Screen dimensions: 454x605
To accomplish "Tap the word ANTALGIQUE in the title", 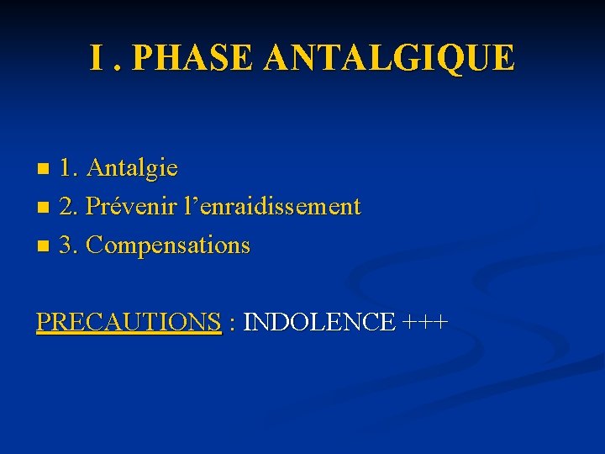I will (x=388, y=57).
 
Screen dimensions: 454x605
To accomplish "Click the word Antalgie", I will (x=132, y=168).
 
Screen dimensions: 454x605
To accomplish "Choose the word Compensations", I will (x=168, y=245).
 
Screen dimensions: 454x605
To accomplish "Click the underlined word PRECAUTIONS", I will (x=128, y=322).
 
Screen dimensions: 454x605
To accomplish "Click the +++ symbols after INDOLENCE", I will (x=425, y=322).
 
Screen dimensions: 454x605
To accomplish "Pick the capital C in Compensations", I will (x=95, y=245).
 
